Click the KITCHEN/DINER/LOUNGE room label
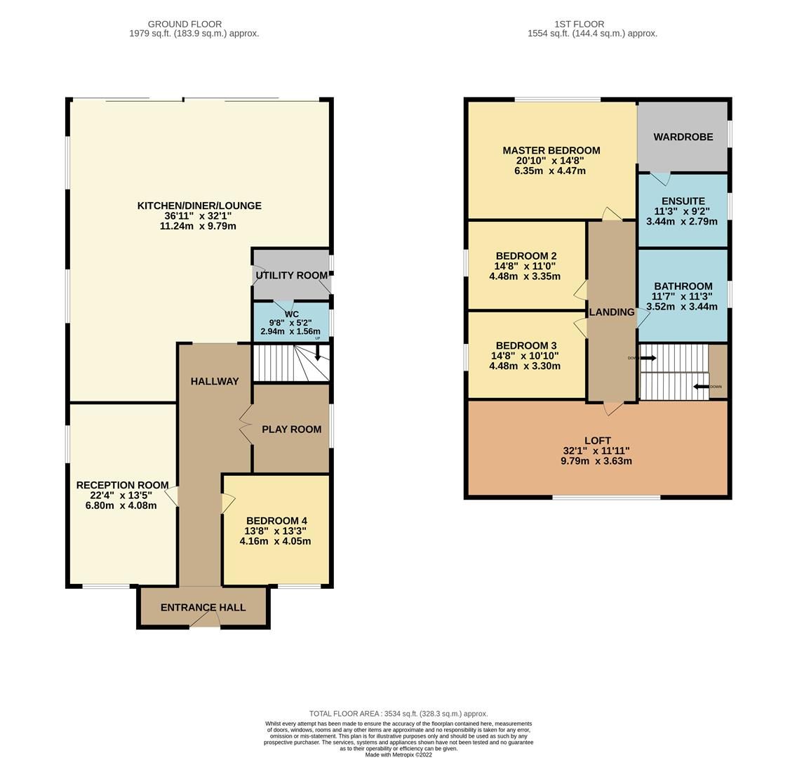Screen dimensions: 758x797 coord(199,206)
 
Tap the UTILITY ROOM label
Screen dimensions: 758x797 coord(291,275)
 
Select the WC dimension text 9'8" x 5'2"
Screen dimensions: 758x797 coord(290,323)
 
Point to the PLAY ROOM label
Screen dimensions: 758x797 coord(291,429)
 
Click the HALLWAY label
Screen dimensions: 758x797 coord(215,381)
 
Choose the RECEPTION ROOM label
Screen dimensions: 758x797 coord(122,485)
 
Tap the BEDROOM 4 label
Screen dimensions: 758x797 coord(276,521)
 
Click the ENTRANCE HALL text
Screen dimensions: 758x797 coord(203,607)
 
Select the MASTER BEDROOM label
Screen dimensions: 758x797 coord(551,150)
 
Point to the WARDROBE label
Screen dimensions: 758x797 coord(683,137)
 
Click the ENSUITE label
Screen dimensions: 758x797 coord(683,201)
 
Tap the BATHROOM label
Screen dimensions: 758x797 coord(683,286)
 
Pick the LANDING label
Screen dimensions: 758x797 coord(611,312)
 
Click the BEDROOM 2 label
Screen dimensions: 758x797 coord(525,256)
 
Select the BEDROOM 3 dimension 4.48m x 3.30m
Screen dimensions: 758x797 coord(525,366)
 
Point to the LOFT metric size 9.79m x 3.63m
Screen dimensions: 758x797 coord(596,461)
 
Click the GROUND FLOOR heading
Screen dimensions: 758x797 coord(185,24)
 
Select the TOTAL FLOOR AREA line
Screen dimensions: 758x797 coord(398,713)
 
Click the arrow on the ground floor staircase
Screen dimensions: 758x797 coord(317,355)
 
